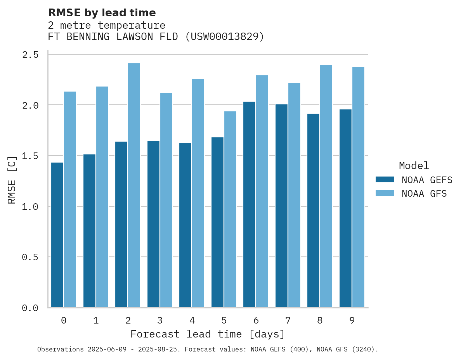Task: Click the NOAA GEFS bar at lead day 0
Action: click(x=57, y=235)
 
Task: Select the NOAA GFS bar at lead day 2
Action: click(x=134, y=185)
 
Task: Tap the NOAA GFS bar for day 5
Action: click(x=230, y=209)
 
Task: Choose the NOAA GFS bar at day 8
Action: click(x=326, y=186)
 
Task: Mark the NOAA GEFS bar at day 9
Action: click(x=345, y=208)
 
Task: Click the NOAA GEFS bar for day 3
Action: click(x=153, y=224)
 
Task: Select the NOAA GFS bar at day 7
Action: click(x=294, y=195)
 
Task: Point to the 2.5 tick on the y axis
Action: click(x=30, y=55)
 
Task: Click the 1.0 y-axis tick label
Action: click(x=30, y=207)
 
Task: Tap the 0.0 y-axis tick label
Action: click(x=30, y=308)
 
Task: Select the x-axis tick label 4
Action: click(x=192, y=320)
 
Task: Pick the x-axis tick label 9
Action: click(x=352, y=320)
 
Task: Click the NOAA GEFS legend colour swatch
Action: click(x=385, y=180)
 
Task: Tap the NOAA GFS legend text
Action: click(x=424, y=194)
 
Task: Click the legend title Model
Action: click(x=414, y=166)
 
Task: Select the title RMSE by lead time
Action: click(x=102, y=13)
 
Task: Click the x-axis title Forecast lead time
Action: click(x=207, y=334)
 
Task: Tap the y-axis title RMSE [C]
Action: click(x=12, y=180)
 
